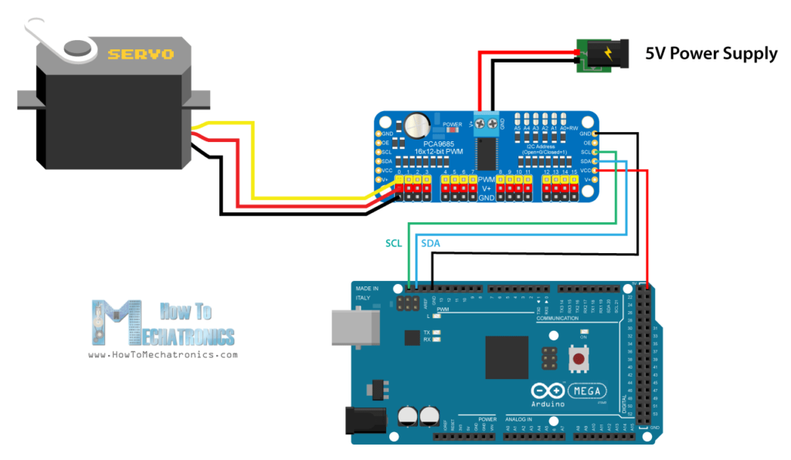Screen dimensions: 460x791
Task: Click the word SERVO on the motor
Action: click(141, 54)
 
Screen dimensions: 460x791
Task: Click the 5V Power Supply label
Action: click(711, 53)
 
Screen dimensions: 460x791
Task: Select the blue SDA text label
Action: click(430, 242)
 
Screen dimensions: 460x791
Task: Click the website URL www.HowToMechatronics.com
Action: click(162, 355)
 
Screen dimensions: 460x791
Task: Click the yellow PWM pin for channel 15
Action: click(575, 180)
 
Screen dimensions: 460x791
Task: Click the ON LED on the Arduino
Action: click(583, 331)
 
